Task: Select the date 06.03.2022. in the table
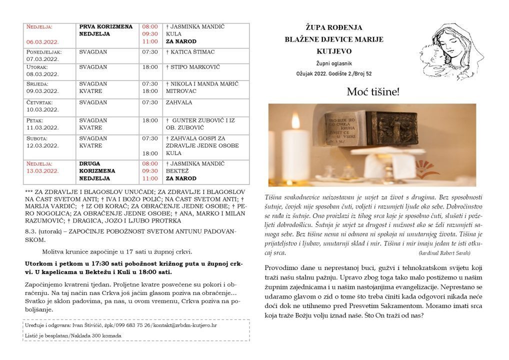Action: click(x=43, y=41)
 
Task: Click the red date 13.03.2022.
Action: click(x=43, y=170)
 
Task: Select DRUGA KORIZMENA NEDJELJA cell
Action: click(x=97, y=170)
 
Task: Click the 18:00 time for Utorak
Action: click(x=150, y=67)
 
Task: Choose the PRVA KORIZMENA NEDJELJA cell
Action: click(x=105, y=30)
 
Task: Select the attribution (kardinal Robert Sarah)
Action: click(x=442, y=253)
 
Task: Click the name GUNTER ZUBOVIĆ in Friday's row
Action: click(x=194, y=120)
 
